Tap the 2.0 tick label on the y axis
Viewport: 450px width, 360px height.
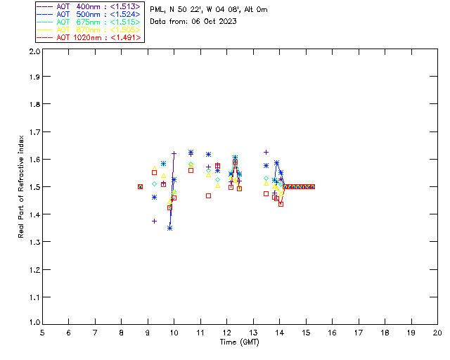[34, 52]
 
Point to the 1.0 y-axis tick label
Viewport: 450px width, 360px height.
[34, 324]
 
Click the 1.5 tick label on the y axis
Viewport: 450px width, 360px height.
[34, 187]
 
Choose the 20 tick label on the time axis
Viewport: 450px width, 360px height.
[437, 333]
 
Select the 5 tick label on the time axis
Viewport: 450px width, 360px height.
[42, 333]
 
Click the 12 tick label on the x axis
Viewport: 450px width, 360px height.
[226, 333]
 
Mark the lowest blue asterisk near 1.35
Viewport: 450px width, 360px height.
[169, 228]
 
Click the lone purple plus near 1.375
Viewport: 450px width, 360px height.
[154, 221]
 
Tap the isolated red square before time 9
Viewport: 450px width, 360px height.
[140, 186]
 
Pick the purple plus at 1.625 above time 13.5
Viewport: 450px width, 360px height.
[266, 152]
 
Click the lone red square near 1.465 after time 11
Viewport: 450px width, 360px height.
[208, 195]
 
